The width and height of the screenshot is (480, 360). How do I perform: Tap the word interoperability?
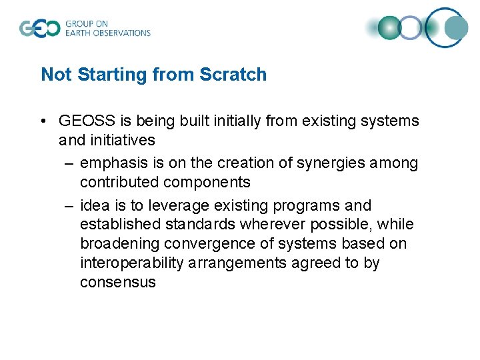pyautogui.click(x=131, y=263)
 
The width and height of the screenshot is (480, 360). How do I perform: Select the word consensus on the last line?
pyautogui.click(x=117, y=282)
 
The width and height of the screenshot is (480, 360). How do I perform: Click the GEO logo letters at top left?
pyautogui.click(x=39, y=29)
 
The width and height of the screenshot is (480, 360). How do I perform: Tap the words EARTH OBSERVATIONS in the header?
pyautogui.click(x=107, y=33)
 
